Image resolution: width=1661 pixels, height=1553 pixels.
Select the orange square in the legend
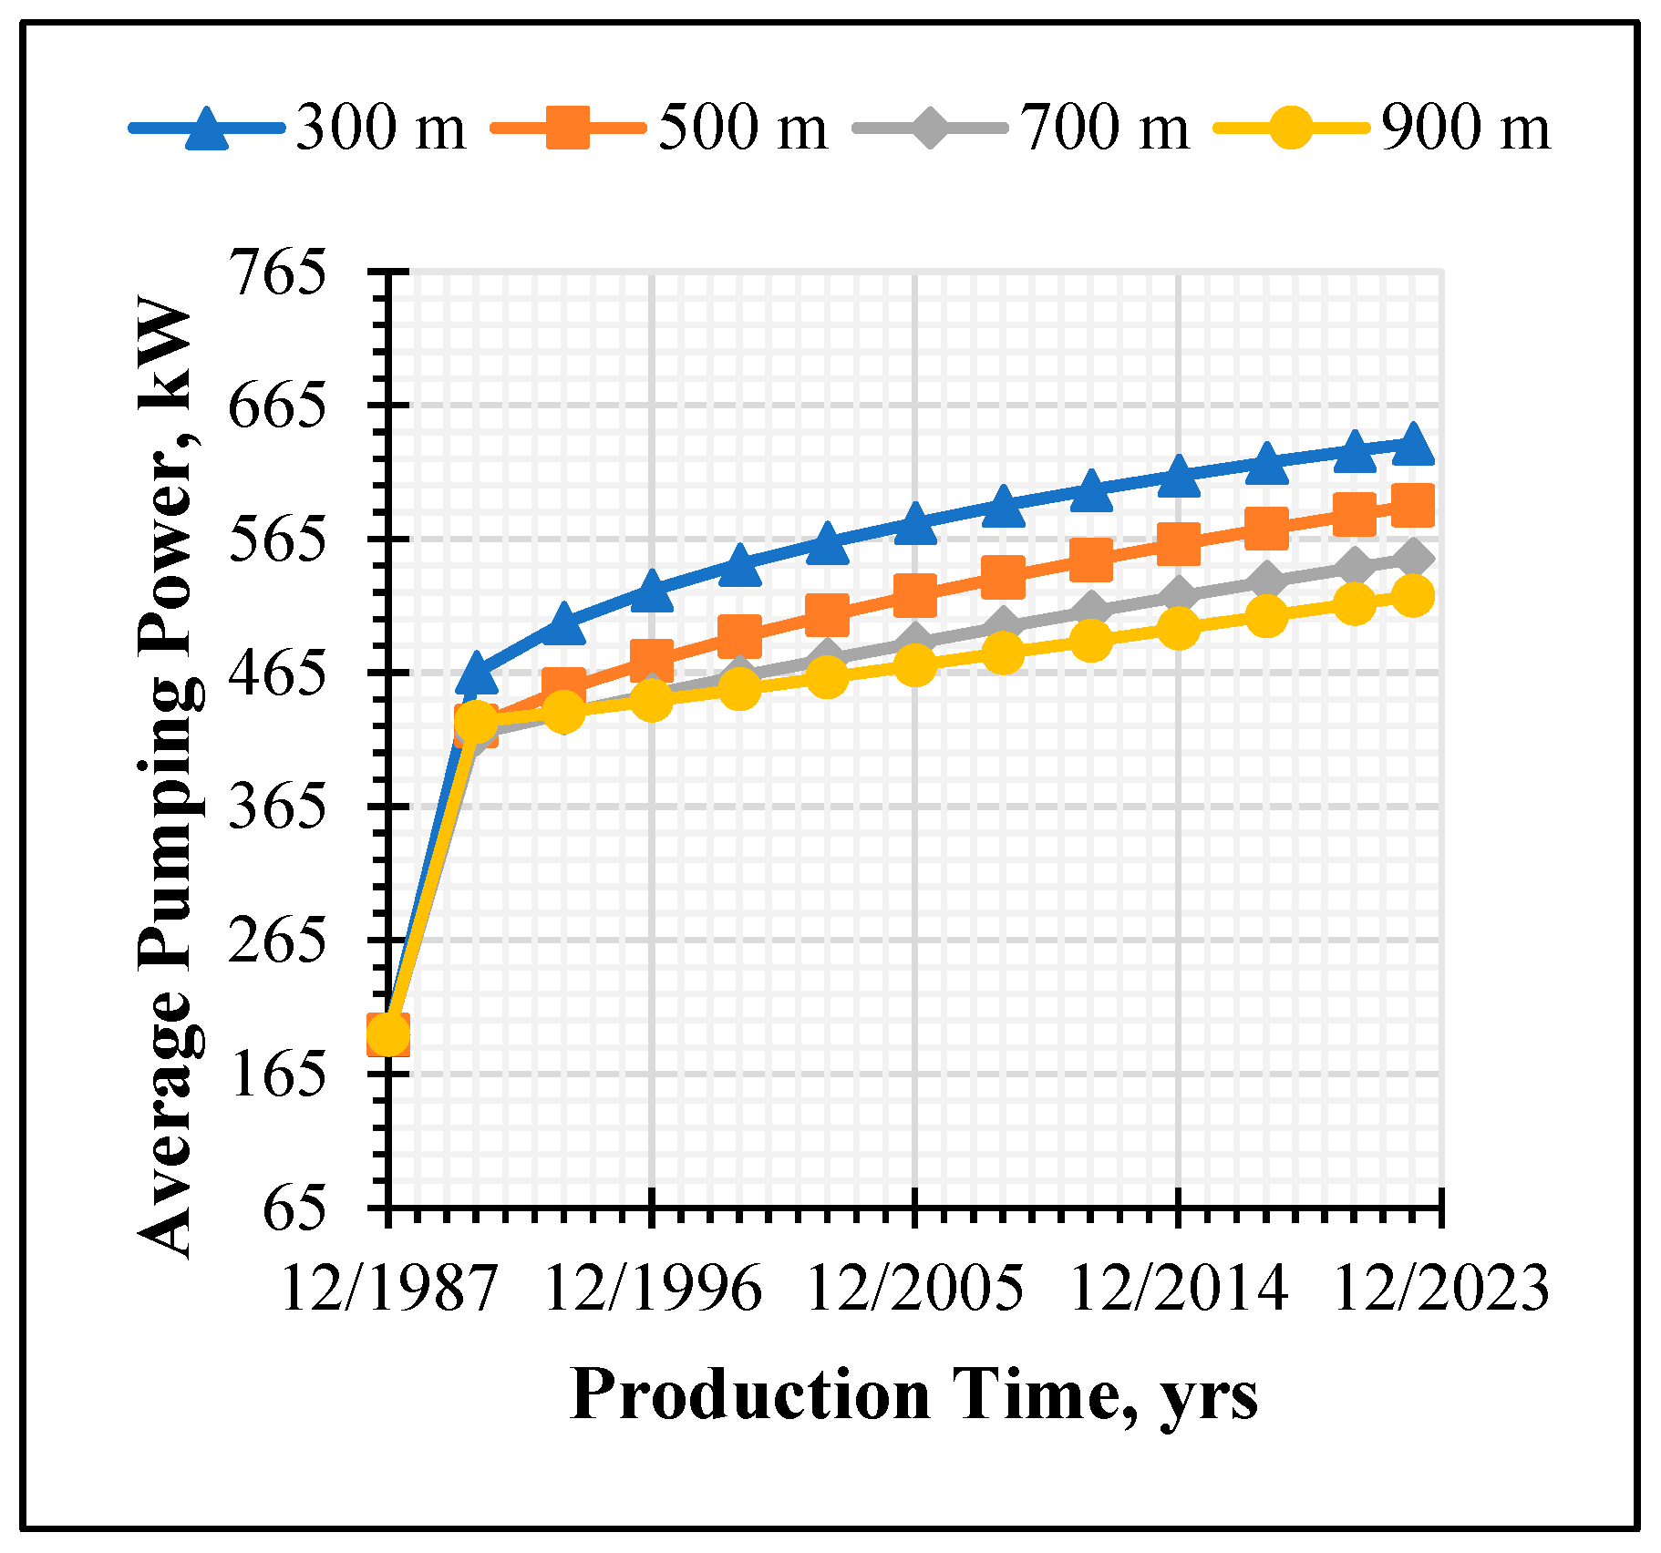tap(568, 128)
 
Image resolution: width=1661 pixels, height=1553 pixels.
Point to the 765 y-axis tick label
tap(277, 273)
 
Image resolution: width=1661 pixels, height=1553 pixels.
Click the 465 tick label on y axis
tap(277, 673)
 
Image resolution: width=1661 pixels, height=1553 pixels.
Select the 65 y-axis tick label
tap(294, 1208)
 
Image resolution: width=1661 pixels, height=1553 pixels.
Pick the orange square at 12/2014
tap(1178, 544)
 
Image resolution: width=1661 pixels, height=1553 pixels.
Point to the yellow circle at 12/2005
tap(915, 665)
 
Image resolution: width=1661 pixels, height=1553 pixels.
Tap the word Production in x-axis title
tap(749, 1395)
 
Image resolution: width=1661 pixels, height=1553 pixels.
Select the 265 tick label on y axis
tap(277, 941)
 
